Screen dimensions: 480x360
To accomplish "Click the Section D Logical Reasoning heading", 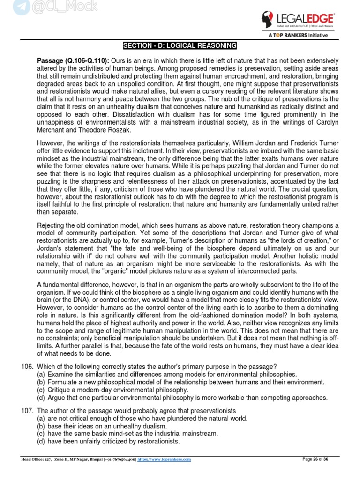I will tap(180, 45).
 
